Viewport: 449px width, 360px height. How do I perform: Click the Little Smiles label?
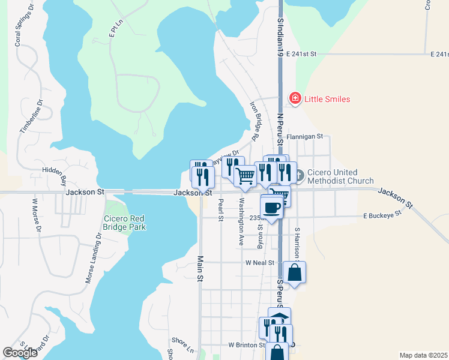[x=327, y=99]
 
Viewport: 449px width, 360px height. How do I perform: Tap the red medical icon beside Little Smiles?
[x=295, y=98]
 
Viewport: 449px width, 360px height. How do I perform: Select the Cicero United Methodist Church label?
[x=340, y=176]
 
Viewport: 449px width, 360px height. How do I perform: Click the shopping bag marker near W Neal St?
[x=295, y=273]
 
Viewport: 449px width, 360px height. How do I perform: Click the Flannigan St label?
[x=305, y=137]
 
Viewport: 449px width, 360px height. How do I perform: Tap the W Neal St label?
[x=259, y=263]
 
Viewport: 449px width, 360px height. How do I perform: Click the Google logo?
[x=20, y=353]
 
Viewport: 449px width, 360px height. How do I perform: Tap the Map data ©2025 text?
[x=424, y=355]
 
